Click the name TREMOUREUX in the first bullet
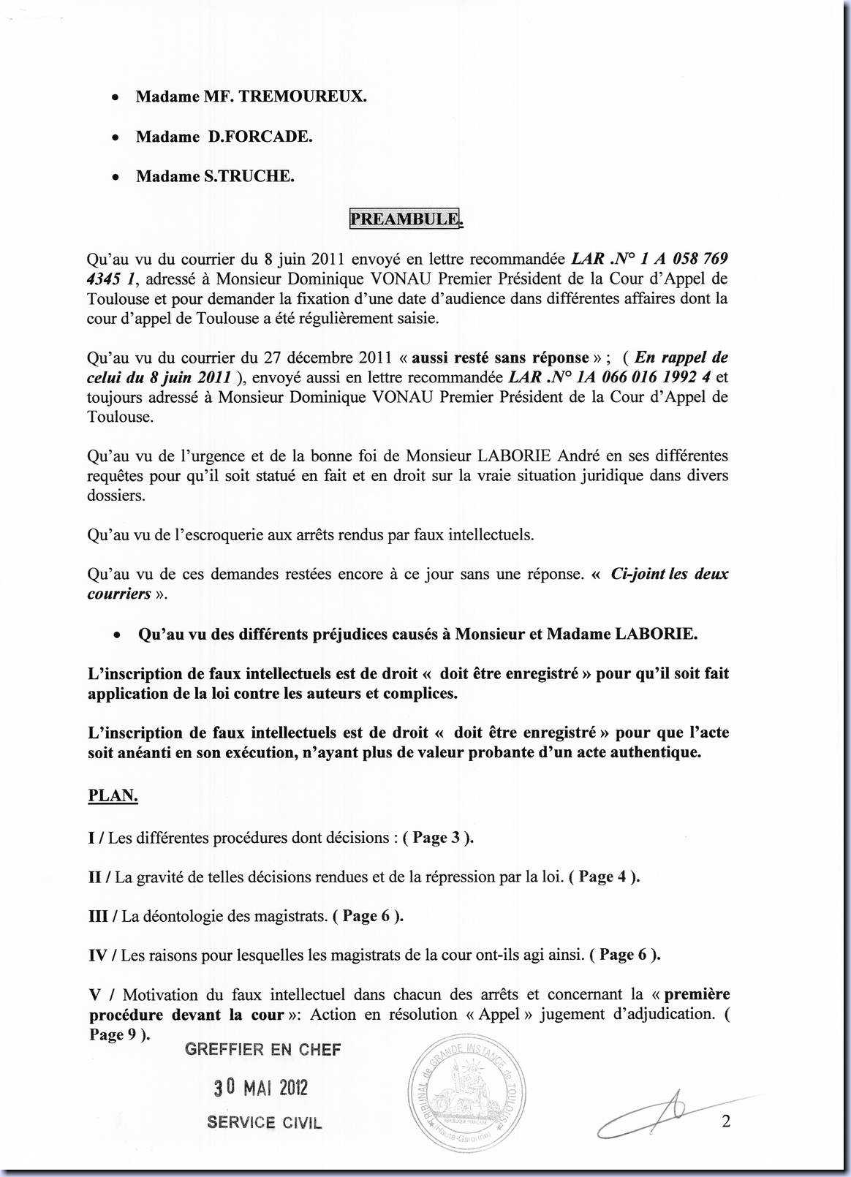point(303,96)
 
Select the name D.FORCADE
point(260,137)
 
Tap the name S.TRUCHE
point(249,176)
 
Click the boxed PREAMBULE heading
point(405,219)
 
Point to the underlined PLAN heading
point(113,795)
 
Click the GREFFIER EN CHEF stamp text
point(263,1050)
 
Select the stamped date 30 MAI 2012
point(261,1087)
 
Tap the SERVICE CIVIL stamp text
point(265,1123)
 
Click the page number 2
point(726,1121)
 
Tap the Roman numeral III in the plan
point(98,916)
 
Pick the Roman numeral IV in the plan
point(98,955)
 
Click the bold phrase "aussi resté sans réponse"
point(500,357)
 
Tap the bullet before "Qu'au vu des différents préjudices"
point(117,635)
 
